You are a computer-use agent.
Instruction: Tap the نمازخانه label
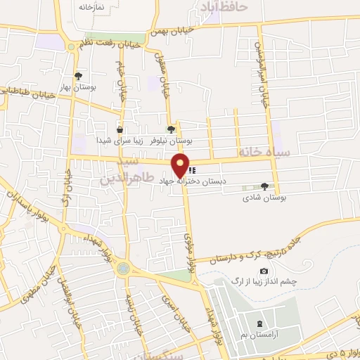pos(91,6)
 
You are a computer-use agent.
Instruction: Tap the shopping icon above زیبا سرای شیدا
pos(120,129)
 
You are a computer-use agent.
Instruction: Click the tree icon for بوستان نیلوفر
pos(171,129)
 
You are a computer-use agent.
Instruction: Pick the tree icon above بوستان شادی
pos(264,186)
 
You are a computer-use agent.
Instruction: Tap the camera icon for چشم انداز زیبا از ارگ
pos(264,271)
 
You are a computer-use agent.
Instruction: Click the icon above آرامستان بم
pos(261,323)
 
